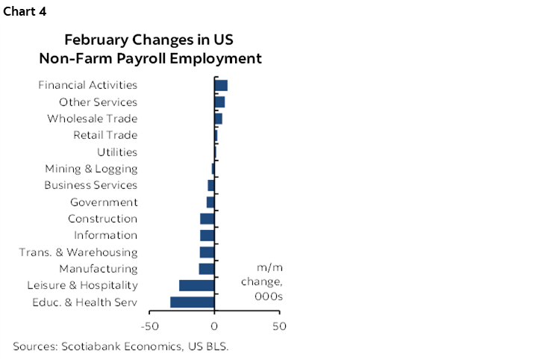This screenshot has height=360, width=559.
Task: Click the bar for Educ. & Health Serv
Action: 193,302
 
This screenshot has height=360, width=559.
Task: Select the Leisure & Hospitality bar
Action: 197,285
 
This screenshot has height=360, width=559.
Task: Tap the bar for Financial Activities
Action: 221,85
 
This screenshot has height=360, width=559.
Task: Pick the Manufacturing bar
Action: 207,269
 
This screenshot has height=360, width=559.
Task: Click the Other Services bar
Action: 219,102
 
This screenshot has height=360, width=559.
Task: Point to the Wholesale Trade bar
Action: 218,119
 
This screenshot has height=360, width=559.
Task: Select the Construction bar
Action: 207,219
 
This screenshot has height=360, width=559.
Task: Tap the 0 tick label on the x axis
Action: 214,326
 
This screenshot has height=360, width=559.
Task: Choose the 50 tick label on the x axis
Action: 279,326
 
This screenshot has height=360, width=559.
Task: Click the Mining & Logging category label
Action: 91,169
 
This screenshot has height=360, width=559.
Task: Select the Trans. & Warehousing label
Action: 78,252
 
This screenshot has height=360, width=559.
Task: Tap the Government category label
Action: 104,202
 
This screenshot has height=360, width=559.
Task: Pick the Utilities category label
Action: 117,152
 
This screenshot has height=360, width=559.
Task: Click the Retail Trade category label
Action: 105,135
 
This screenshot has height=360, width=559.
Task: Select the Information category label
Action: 105,235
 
